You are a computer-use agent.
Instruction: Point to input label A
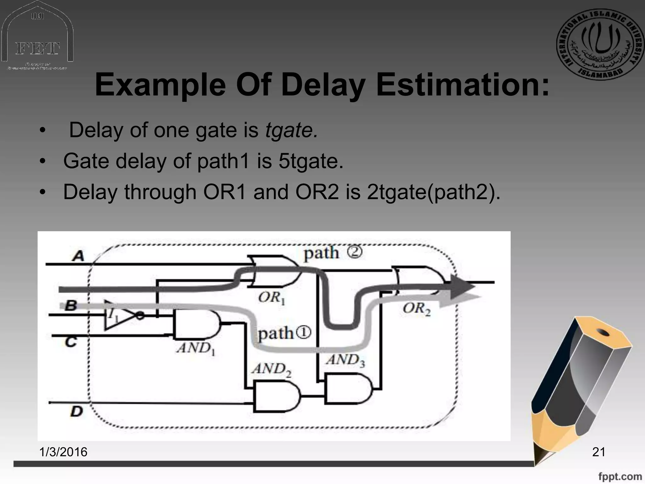click(x=78, y=256)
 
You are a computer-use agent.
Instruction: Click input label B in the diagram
click(x=71, y=305)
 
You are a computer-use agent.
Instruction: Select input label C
click(x=71, y=342)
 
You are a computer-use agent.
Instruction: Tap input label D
click(x=77, y=411)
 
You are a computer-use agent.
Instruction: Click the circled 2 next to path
click(x=355, y=252)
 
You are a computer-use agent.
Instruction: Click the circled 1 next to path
click(x=303, y=332)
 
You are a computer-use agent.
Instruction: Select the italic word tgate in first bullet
click(x=291, y=130)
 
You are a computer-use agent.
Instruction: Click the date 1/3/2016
click(x=63, y=452)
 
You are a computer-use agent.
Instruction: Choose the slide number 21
click(x=599, y=452)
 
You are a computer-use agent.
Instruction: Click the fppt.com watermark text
click(x=620, y=476)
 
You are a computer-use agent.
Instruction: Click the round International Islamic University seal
click(x=600, y=44)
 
